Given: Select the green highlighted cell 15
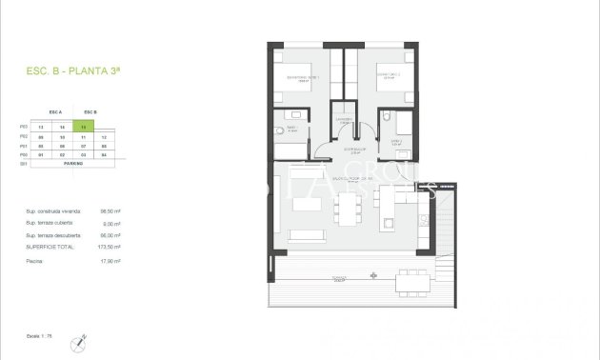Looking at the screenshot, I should click(x=85, y=126).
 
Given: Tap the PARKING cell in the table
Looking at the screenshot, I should click(x=73, y=164).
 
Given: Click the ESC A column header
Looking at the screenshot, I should click(x=54, y=111).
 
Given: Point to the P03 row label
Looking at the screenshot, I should click(x=24, y=126).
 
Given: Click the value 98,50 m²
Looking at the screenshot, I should click(x=110, y=211).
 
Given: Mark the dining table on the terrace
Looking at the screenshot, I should click(x=412, y=280).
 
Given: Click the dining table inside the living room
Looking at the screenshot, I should click(x=348, y=204).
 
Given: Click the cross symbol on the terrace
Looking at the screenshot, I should click(x=372, y=276).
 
